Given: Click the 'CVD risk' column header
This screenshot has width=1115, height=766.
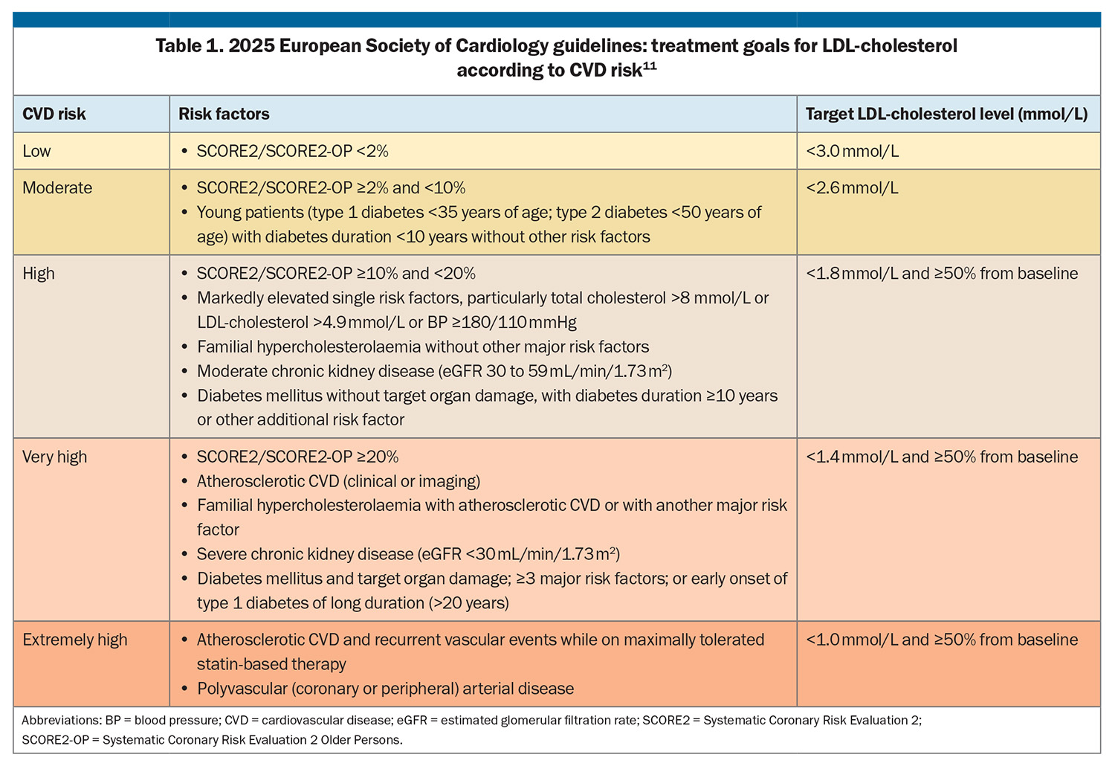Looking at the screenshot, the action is pyautogui.click(x=54, y=114).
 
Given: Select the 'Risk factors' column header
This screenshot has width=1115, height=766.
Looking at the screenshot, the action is pyautogui.click(x=224, y=114).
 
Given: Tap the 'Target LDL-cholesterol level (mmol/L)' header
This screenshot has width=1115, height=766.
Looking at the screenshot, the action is pyautogui.click(x=946, y=114).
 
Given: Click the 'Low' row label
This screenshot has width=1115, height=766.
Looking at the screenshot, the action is pyautogui.click(x=36, y=151).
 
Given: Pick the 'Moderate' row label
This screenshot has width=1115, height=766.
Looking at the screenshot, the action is pyautogui.click(x=57, y=187).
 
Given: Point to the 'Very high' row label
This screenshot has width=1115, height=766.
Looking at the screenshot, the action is pyautogui.click(x=55, y=457).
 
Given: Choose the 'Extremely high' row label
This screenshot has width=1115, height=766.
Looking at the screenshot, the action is pyautogui.click(x=74, y=640).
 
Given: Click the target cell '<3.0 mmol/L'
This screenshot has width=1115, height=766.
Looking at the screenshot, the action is pyautogui.click(x=852, y=151).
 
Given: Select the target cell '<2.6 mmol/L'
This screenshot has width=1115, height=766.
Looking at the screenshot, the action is pyautogui.click(x=852, y=187).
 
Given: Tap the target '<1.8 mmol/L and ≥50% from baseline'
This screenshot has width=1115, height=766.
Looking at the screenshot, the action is pyautogui.click(x=941, y=274).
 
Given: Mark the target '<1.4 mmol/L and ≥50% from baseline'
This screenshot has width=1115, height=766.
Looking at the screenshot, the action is pyautogui.click(x=941, y=457).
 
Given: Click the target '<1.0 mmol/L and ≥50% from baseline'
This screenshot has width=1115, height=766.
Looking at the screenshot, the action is pyautogui.click(x=941, y=640).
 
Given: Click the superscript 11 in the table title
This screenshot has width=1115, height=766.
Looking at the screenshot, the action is pyautogui.click(x=650, y=65).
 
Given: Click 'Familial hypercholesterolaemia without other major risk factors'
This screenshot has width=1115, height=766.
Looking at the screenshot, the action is pyautogui.click(x=423, y=347).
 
